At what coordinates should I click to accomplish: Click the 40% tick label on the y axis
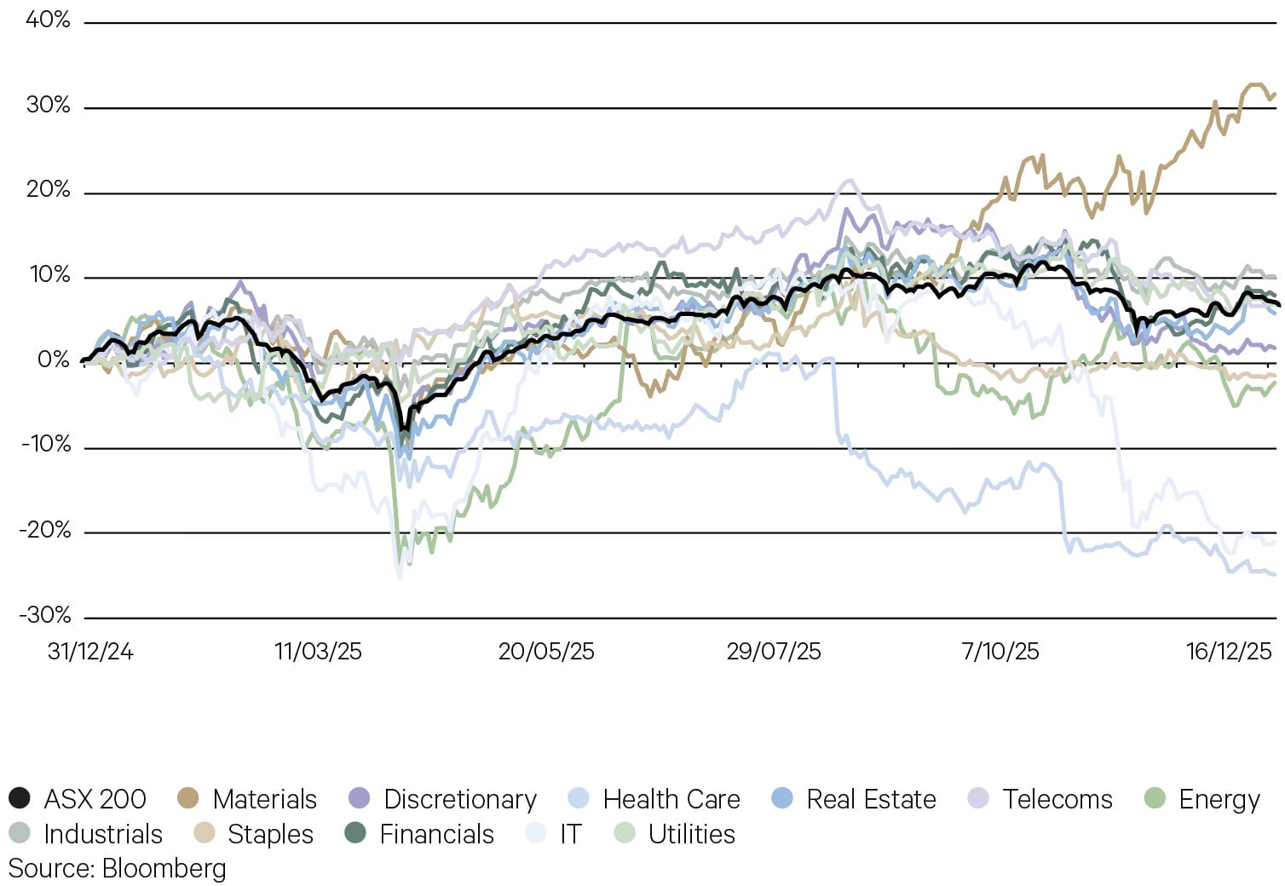pyautogui.click(x=48, y=20)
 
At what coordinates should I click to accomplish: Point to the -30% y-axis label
pyautogui.click(x=46, y=615)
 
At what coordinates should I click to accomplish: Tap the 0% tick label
pyautogui.click(x=54, y=360)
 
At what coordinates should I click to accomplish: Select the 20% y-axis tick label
pyautogui.click(x=48, y=189)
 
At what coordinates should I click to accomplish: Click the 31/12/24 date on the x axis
pyautogui.click(x=90, y=652)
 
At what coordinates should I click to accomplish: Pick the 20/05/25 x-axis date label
pyautogui.click(x=546, y=652)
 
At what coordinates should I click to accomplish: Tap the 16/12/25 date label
pyautogui.click(x=1229, y=652)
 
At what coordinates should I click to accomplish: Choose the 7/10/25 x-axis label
pyautogui.click(x=1000, y=652)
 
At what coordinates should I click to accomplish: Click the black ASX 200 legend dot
pyautogui.click(x=20, y=798)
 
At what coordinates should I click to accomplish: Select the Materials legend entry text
pyautogui.click(x=264, y=799)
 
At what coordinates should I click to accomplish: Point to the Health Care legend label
pyautogui.click(x=671, y=799)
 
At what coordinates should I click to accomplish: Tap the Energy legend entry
pyautogui.click(x=1219, y=799)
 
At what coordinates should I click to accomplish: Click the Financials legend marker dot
pyautogui.click(x=355, y=833)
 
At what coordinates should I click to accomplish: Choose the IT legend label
pyautogui.click(x=570, y=834)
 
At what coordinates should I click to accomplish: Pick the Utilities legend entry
pyautogui.click(x=691, y=834)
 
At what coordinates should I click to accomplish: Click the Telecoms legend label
pyautogui.click(x=1057, y=799)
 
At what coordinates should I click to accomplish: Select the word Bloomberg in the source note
pyautogui.click(x=164, y=868)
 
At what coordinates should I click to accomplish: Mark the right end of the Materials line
pyautogui.click(x=1275, y=95)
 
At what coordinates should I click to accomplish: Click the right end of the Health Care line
pyautogui.click(x=1275, y=574)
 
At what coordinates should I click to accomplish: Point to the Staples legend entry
pyautogui.click(x=270, y=834)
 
